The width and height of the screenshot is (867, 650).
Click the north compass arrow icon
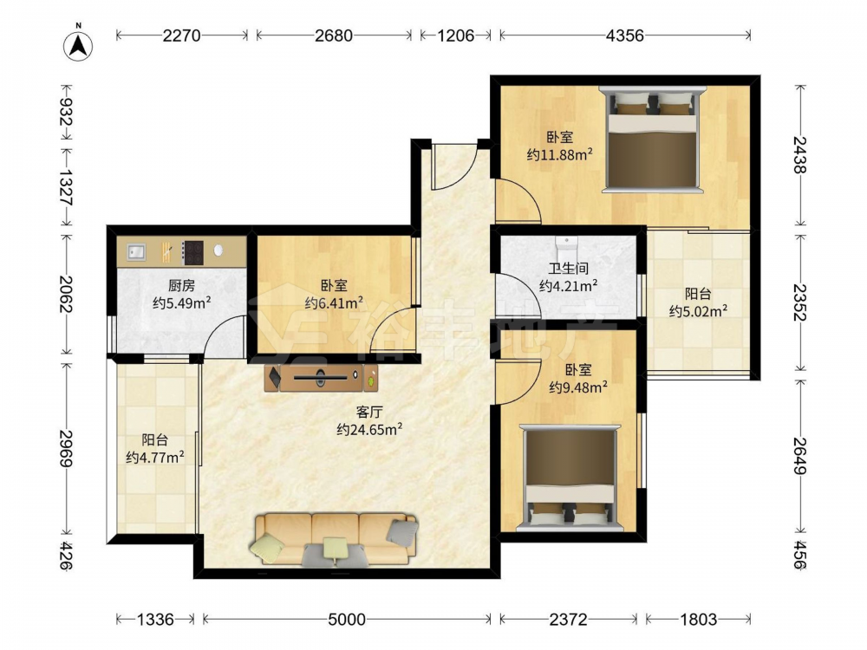click(x=78, y=43)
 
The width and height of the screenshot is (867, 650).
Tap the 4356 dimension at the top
click(x=625, y=36)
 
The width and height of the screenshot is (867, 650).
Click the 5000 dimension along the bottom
click(x=347, y=619)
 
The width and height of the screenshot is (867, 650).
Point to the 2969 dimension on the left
click(x=67, y=447)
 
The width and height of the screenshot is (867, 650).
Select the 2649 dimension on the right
click(x=799, y=456)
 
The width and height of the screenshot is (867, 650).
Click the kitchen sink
click(x=135, y=252)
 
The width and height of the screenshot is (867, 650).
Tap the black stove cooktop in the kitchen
click(x=193, y=252)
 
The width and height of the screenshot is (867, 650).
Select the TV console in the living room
click(x=322, y=378)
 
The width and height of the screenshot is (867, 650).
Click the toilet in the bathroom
click(x=565, y=243)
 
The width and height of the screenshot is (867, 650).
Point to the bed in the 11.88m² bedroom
click(x=651, y=139)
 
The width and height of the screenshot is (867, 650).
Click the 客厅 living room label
click(x=369, y=412)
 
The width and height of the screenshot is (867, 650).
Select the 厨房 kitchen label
click(x=182, y=285)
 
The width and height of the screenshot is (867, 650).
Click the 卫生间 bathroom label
click(x=569, y=269)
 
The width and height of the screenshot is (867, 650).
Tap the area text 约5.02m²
click(x=698, y=311)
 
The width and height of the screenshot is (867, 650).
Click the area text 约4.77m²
click(x=155, y=457)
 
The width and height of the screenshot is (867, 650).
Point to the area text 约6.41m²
click(x=334, y=302)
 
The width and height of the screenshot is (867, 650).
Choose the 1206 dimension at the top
click(x=456, y=36)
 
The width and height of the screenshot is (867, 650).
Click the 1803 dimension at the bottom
click(x=698, y=619)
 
